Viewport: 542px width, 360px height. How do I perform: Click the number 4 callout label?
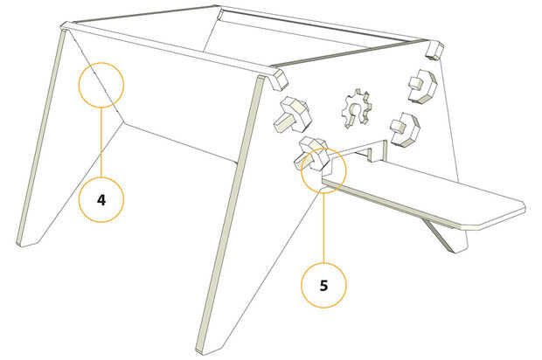pyautogui.click(x=101, y=199)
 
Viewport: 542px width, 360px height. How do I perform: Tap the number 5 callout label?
pyautogui.click(x=323, y=284)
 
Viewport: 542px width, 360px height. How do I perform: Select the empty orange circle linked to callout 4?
pyautogui.click(x=101, y=84)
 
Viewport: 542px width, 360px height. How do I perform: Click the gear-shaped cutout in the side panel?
pyautogui.click(x=357, y=108)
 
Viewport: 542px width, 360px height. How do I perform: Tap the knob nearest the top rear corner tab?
pyautogui.click(x=422, y=86)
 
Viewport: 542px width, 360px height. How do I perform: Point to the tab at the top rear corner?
pyautogui.click(x=434, y=49)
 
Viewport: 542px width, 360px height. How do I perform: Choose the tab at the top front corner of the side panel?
pyautogui.click(x=274, y=80)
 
